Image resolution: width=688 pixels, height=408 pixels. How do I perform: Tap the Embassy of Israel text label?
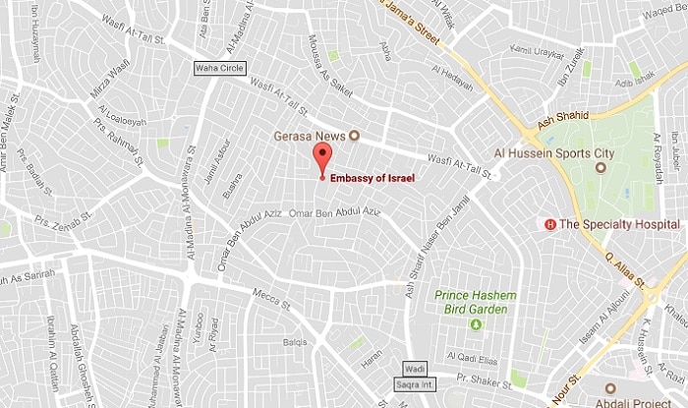(373, 177)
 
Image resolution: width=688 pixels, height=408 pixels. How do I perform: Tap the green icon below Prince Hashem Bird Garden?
(476, 323)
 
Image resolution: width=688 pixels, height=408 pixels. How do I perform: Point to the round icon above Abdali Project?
(610, 388)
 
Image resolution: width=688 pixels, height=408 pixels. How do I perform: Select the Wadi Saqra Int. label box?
(413, 376)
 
